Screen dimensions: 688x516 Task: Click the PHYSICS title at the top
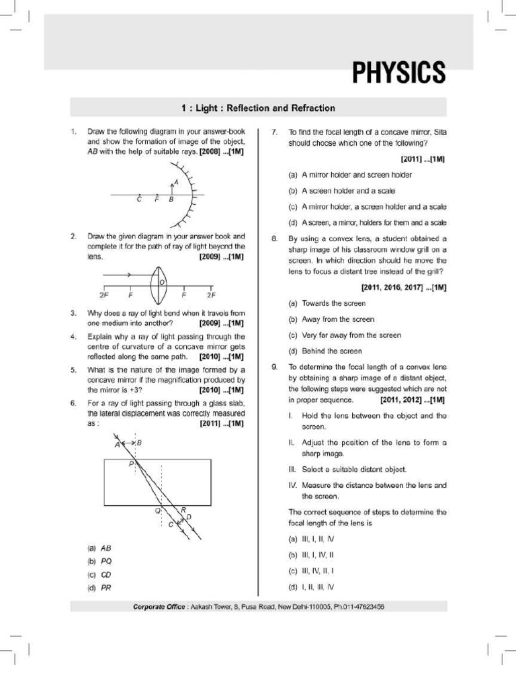pos(398,73)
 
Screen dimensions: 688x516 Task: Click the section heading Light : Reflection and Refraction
pos(258,107)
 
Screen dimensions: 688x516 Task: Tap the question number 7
pos(274,132)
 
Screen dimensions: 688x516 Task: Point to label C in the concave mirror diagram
pos(139,200)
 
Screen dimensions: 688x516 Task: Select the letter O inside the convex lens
pos(161,282)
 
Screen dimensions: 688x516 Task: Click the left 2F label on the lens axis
pos(103,295)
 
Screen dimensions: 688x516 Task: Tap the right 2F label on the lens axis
pos(211,295)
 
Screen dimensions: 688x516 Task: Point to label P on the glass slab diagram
pos(131,464)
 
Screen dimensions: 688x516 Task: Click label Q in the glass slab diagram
pos(158,511)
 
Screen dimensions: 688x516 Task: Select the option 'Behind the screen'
pos(325,351)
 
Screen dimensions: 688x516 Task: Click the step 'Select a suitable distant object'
pos(347,469)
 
